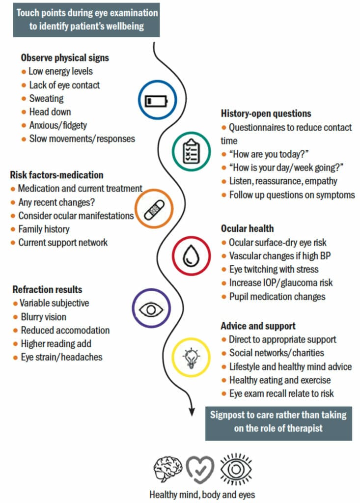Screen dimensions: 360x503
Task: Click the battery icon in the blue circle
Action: click(156, 101)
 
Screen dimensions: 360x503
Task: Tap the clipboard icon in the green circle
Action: click(191, 152)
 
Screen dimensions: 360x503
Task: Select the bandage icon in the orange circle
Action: click(154, 210)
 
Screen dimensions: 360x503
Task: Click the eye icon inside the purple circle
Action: click(151, 309)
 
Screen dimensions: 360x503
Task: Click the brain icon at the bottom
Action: click(167, 469)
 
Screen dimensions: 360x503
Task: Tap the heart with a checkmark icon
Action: click(200, 470)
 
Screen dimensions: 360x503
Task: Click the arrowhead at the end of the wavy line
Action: click(192, 411)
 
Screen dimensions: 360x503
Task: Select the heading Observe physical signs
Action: click(65, 58)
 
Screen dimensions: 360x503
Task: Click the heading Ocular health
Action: click(247, 228)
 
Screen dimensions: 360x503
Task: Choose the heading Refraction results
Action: click(47, 289)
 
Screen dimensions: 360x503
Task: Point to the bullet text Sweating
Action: click(47, 98)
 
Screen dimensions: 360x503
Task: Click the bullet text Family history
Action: click(44, 229)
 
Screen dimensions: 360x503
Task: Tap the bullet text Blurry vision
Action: click(44, 317)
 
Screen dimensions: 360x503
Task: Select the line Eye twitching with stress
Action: click(274, 269)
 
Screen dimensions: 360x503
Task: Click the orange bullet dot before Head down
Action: click(24, 112)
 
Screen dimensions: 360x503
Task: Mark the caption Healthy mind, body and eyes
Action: click(202, 495)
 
